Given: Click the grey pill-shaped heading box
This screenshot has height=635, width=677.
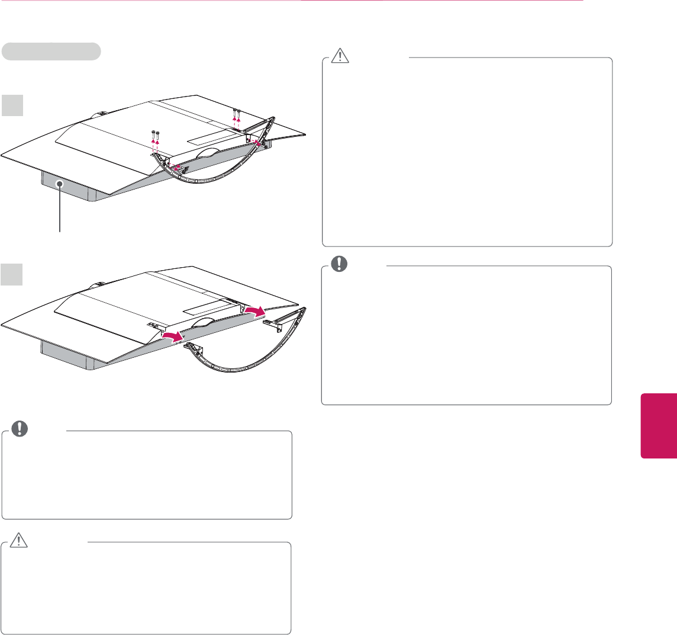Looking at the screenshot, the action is pyautogui.click(x=51, y=52).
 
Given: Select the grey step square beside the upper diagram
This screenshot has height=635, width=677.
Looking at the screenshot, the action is pyautogui.click(x=12, y=105).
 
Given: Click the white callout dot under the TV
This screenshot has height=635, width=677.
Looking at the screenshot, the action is pyautogui.click(x=60, y=185).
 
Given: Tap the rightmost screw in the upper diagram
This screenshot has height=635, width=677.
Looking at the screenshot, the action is pyautogui.click(x=238, y=112).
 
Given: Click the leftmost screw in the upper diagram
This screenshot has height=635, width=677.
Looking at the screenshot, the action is pyautogui.click(x=153, y=134).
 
